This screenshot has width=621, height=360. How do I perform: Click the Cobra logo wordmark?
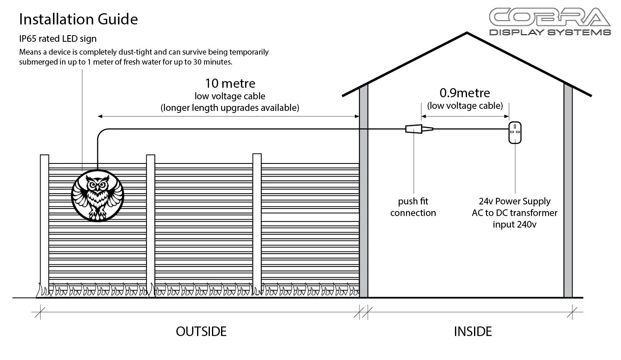(x=550, y=17)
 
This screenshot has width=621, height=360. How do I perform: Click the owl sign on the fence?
(x=98, y=195)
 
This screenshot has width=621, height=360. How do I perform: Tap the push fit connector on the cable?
(x=419, y=129)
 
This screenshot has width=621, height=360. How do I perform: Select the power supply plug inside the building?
(x=515, y=132)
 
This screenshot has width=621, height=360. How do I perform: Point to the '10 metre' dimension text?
(x=230, y=83)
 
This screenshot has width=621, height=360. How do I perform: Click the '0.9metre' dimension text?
(x=465, y=93)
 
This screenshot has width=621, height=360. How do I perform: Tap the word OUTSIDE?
(x=201, y=331)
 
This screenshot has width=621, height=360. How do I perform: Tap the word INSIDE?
(x=473, y=331)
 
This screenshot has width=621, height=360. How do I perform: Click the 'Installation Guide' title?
(x=79, y=19)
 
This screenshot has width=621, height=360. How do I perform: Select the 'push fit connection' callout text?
(x=413, y=207)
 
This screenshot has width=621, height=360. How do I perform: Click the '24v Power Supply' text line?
(x=515, y=201)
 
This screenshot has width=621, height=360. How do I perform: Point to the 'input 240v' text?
(x=515, y=224)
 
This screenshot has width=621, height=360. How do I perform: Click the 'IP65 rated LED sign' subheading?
(x=58, y=38)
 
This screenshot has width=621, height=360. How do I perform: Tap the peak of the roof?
(x=467, y=33)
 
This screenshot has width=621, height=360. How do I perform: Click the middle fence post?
(x=151, y=226)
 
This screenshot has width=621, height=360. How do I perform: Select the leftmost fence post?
(x=44, y=226)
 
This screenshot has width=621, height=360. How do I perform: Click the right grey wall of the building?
(x=568, y=191)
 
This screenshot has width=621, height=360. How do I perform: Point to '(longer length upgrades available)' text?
(x=230, y=108)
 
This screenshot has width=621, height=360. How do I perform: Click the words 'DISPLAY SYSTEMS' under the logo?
(x=550, y=32)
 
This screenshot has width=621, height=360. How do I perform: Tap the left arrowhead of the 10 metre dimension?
(x=100, y=116)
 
